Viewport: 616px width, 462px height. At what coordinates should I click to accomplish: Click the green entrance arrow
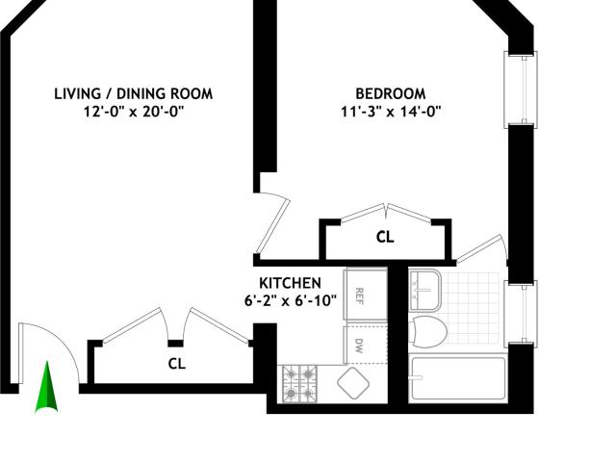click(47, 387)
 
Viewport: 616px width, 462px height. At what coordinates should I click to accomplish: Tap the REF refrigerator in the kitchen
click(366, 295)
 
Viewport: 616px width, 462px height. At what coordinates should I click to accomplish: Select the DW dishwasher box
click(366, 345)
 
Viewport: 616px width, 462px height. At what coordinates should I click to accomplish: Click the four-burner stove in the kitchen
click(299, 384)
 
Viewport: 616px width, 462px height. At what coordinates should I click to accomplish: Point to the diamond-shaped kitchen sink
click(353, 383)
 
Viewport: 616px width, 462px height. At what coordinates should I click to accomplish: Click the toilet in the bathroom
click(427, 332)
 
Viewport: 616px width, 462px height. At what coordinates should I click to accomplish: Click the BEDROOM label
click(391, 94)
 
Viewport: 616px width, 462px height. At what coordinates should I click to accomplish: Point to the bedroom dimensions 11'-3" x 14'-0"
click(391, 112)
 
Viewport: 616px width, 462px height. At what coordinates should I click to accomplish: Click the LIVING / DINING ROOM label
click(134, 94)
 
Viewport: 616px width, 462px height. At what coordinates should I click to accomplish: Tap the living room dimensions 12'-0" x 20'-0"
click(134, 112)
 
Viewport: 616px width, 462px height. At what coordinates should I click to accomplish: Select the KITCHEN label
click(290, 283)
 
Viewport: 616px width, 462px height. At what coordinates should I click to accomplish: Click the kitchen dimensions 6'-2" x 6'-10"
click(291, 301)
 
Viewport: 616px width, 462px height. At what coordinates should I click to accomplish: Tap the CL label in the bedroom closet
click(385, 237)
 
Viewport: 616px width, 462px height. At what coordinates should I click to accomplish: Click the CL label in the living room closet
click(177, 364)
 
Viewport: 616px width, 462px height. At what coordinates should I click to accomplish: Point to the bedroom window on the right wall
click(521, 90)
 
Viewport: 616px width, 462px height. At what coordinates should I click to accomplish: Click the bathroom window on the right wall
click(521, 314)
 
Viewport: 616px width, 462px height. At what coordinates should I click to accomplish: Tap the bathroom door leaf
click(480, 249)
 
